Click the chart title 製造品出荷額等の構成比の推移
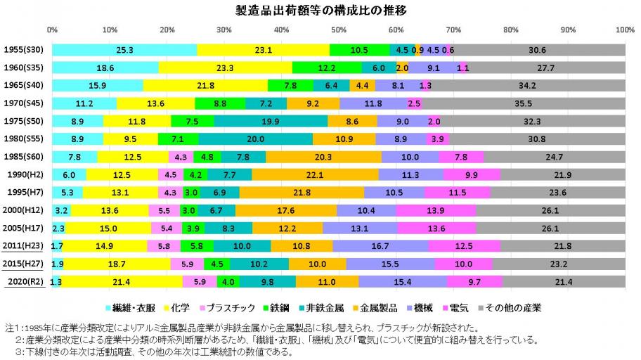[x=320, y=11]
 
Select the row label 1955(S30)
[x=25, y=50]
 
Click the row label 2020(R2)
[x=25, y=282]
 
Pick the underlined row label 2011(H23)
[x=25, y=246]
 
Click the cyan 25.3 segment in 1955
[x=124, y=50]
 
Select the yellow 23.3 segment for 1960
[x=225, y=68]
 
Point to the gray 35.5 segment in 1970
[x=523, y=103]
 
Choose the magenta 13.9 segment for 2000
[x=435, y=210]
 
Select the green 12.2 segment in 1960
[x=327, y=68]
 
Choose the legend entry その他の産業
[x=514, y=307]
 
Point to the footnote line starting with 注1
[x=246, y=328]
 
